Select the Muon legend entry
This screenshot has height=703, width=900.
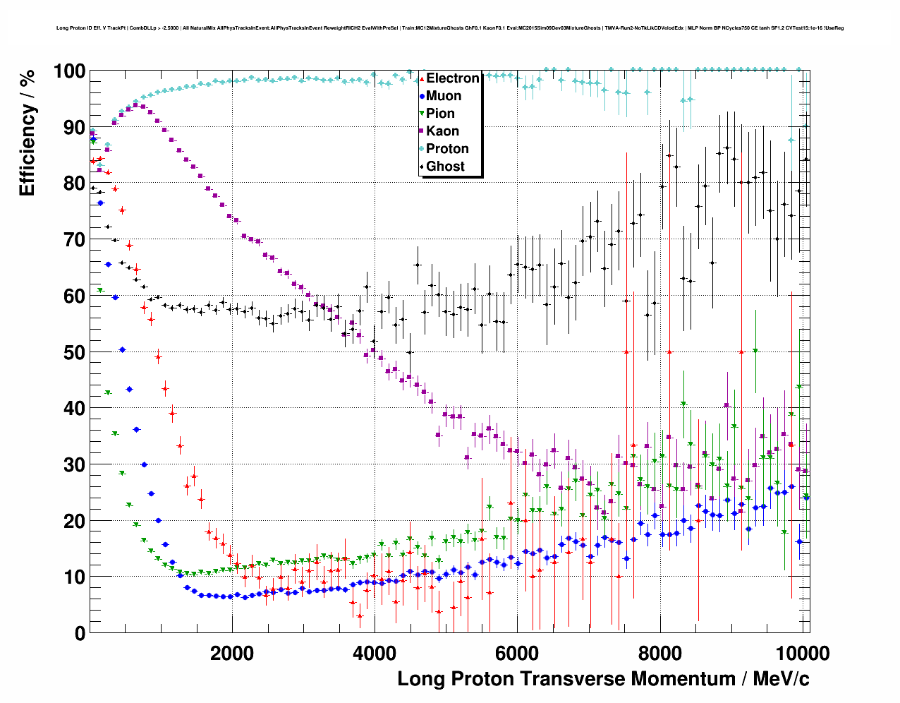tap(444, 96)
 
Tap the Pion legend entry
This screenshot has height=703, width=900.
tap(440, 114)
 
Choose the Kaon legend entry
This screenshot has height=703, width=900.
tap(442, 131)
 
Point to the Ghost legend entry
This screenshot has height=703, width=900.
tap(445, 167)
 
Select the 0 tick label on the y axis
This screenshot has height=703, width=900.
tap(80, 634)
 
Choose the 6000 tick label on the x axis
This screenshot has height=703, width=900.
tap(517, 653)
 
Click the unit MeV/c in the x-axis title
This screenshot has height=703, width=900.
tap(781, 679)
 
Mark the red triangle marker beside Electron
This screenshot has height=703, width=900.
tap(422, 78)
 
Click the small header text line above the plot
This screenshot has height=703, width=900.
tap(450, 28)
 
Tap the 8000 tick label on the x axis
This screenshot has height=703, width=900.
tap(659, 653)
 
